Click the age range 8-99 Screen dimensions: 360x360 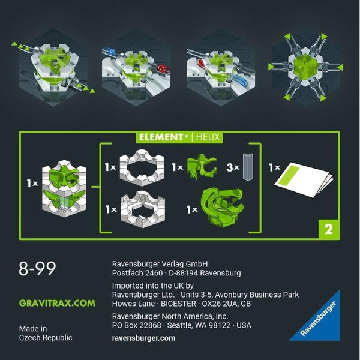click(38, 268)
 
